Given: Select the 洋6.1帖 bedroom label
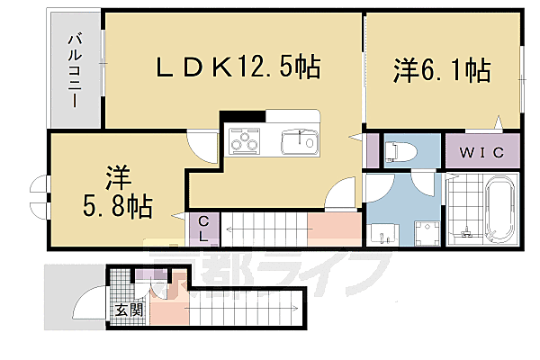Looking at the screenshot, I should (x=441, y=69).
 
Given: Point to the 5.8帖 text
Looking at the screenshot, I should (x=117, y=205).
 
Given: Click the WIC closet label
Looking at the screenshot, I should (x=482, y=151).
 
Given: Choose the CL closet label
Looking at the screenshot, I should (x=204, y=229).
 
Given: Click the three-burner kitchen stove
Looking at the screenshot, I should (x=245, y=141).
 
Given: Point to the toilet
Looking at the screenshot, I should (x=397, y=149).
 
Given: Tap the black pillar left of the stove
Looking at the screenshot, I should (x=242, y=115).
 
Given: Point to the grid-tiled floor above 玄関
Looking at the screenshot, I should (x=119, y=289).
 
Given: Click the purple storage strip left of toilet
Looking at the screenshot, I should (x=372, y=149).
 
